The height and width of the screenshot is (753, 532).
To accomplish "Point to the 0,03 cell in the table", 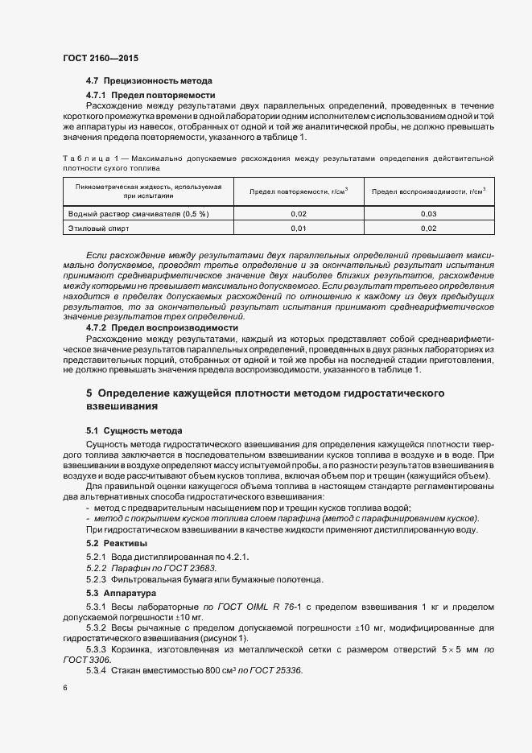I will tap(428, 214).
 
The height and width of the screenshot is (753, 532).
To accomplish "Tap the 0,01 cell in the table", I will tap(298, 229).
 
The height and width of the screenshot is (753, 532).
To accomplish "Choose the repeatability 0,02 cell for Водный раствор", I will tap(298, 214).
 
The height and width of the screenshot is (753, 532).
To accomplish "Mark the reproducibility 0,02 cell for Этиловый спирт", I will tap(428, 229).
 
